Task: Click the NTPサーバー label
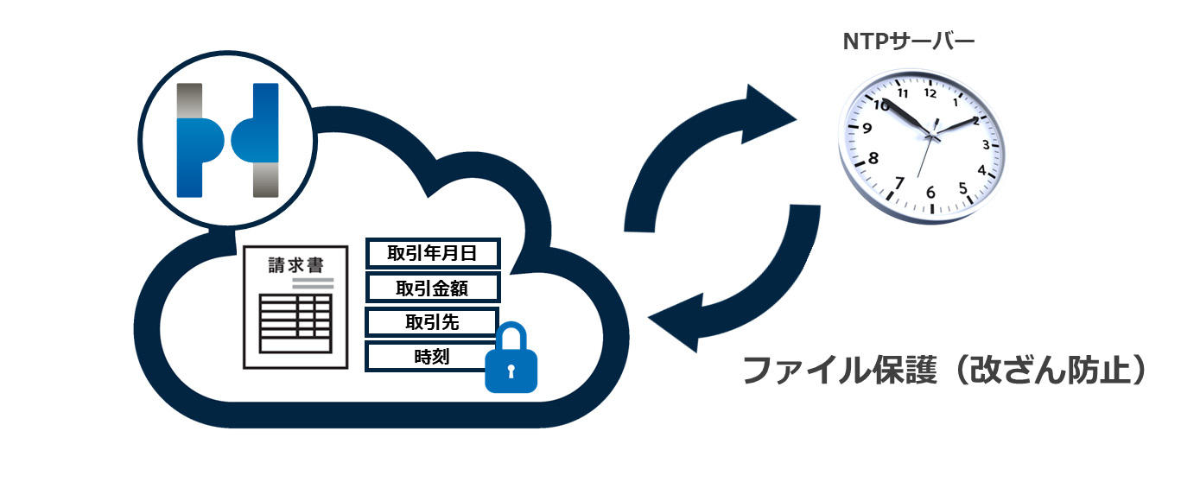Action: pos(909,41)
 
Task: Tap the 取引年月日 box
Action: pos(433,253)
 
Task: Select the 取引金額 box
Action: pos(433,288)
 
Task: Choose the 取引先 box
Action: pos(432,322)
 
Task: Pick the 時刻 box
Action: pos(432,357)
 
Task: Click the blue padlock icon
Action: pos(511,358)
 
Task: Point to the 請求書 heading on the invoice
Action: pos(295,264)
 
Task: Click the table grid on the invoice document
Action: pos(295,323)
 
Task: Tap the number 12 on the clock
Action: pos(930,92)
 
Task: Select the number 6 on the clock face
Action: pos(930,193)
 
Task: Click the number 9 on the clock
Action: pos(867,128)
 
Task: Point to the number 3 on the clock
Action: pos(986,144)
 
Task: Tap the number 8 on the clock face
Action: pos(873,158)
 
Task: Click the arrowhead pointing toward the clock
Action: pos(766,114)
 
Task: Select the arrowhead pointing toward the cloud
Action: pos(677,322)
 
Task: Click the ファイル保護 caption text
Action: pos(840,370)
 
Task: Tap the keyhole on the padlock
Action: pos(511,371)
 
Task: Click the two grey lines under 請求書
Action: pos(313,283)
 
